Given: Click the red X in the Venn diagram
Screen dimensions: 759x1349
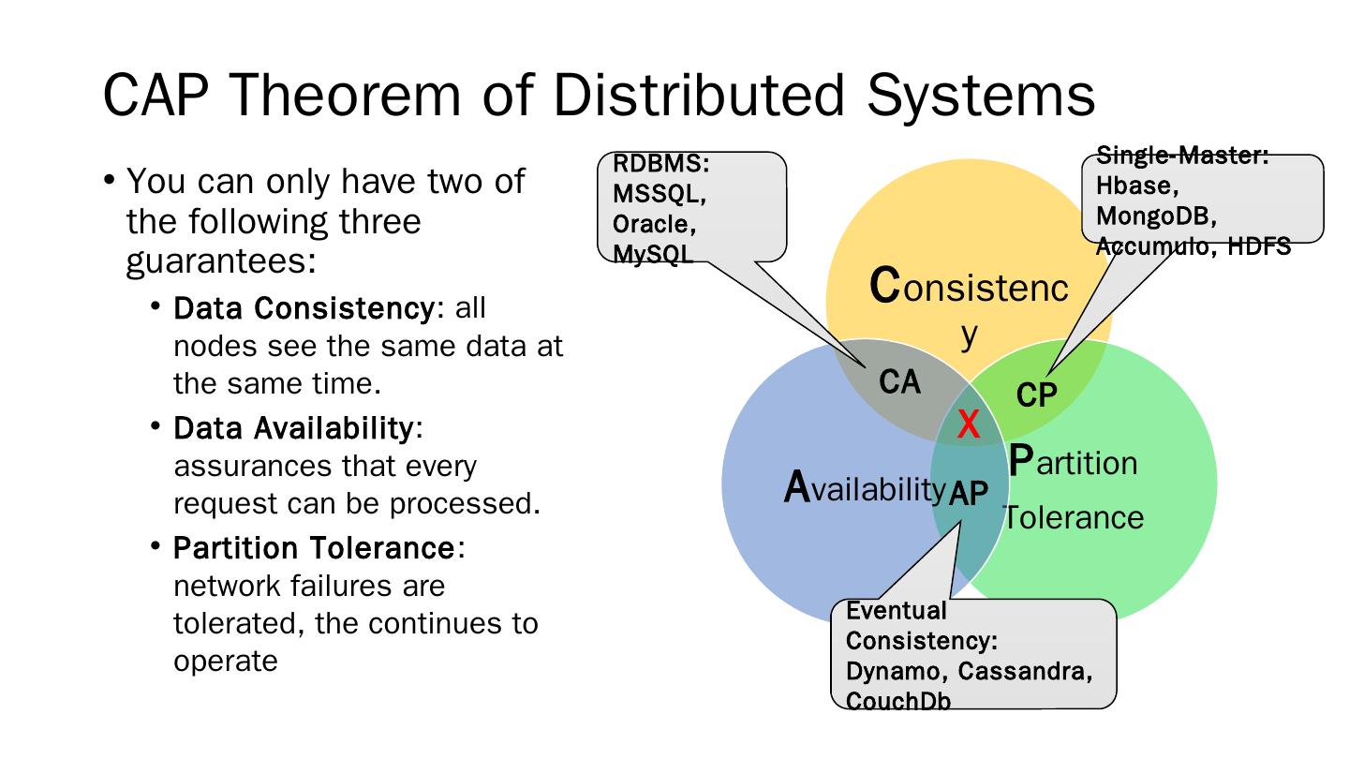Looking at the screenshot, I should [969, 425].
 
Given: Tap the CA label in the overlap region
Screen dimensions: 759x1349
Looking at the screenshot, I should [899, 382].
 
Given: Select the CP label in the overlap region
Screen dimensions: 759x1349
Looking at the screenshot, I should [1036, 395].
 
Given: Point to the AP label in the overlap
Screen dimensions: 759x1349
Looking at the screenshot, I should [969, 494].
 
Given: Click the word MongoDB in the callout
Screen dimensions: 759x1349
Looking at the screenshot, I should [1155, 216].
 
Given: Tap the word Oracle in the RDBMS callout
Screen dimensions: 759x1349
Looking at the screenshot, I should [654, 225].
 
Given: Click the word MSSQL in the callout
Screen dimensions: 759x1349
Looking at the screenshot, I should [659, 194].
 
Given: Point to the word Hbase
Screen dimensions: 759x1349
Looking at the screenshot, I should [1132, 186].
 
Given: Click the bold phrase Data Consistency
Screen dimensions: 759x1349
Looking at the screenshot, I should [307, 308].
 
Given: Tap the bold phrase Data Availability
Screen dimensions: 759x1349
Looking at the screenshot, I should [293, 428].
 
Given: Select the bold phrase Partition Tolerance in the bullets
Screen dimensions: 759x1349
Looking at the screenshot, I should [314, 547].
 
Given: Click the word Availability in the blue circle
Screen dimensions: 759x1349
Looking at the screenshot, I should [864, 487].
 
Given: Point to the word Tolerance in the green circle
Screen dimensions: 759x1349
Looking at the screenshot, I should [1074, 517].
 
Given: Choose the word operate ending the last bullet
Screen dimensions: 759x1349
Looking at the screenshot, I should [226, 661].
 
